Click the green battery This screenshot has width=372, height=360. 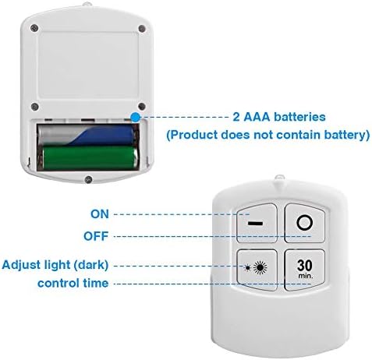(90, 157)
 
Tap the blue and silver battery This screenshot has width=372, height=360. (86, 135)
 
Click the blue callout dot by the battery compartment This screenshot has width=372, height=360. (135, 118)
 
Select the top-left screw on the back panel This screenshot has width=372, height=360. (34, 28)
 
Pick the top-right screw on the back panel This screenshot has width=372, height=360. (142, 28)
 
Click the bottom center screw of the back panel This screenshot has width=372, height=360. (88, 179)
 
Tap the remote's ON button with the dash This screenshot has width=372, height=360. (257, 223)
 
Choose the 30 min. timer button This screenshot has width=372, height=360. (305, 270)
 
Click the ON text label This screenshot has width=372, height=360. (100, 214)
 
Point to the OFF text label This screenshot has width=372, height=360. (96, 236)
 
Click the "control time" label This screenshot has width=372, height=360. (73, 283)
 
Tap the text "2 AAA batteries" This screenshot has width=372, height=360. (279, 117)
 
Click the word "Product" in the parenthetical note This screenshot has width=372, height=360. (194, 135)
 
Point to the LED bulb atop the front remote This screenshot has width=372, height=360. (280, 178)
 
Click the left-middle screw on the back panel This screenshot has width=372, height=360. (34, 107)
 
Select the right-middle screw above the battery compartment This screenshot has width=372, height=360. (142, 106)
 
